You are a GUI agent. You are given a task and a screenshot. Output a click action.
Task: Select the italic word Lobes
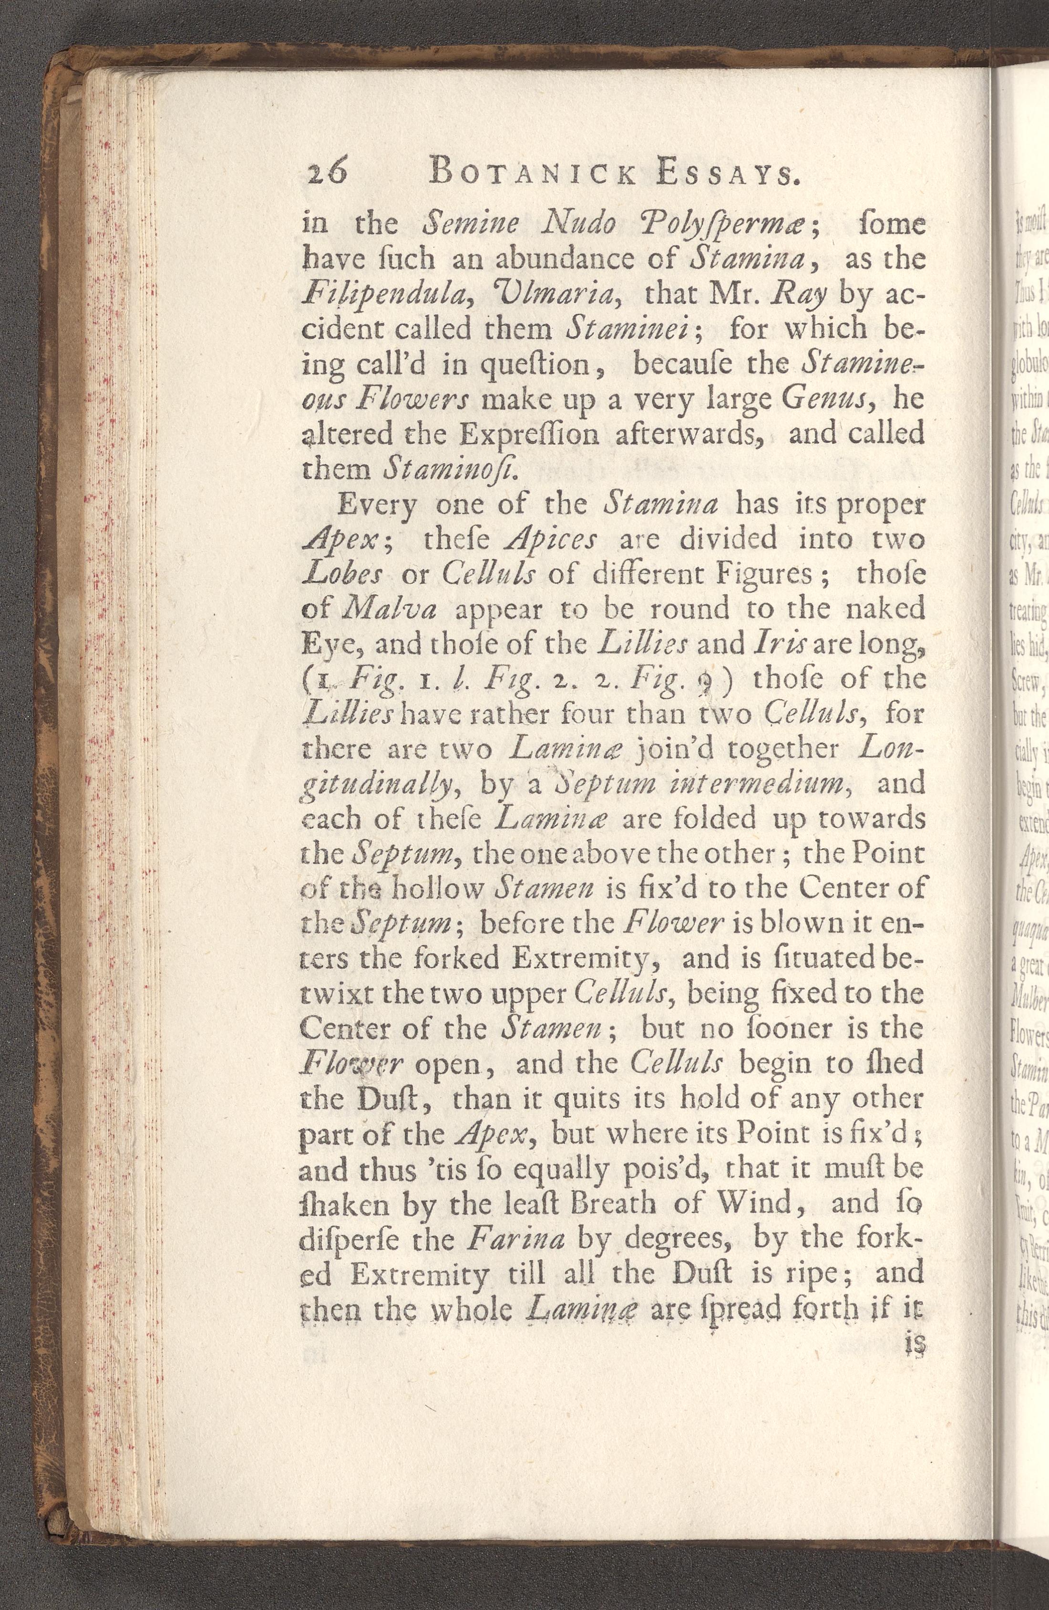[x=345, y=574]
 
